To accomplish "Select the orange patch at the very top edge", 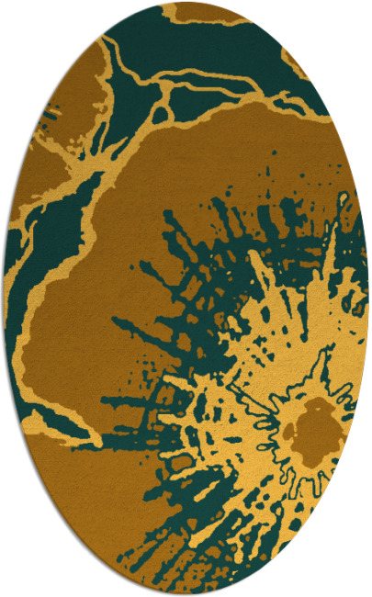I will (197, 11).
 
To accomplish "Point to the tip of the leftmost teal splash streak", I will (114, 321).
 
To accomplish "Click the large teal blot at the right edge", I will (354, 276).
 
